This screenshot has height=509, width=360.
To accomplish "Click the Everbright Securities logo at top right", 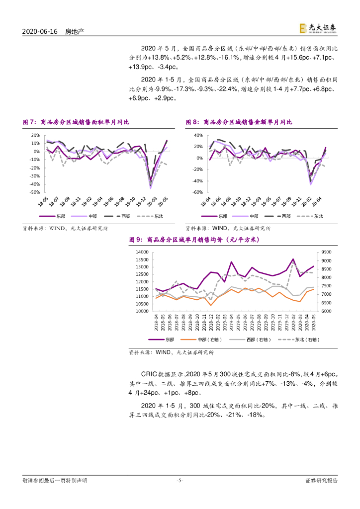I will pyautogui.click(x=319, y=29).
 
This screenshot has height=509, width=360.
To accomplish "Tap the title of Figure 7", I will pyautogui.click(x=79, y=122).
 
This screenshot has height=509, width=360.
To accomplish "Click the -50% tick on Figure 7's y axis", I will pyautogui.click(x=35, y=192).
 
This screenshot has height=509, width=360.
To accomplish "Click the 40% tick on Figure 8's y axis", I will pyautogui.click(x=197, y=135).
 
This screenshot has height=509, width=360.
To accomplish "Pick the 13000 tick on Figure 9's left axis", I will pyautogui.click(x=142, y=267).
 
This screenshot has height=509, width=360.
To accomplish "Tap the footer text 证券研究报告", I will pyautogui.click(x=321, y=481).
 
